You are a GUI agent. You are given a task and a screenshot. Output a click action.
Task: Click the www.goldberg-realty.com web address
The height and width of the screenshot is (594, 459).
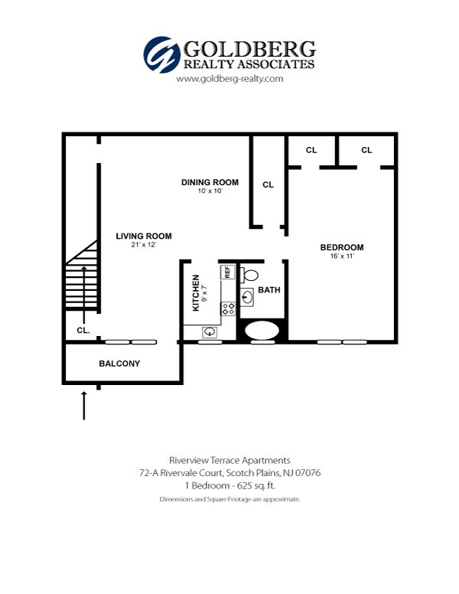(x=229, y=79)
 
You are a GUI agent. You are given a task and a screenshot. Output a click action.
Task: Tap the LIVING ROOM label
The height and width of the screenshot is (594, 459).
(x=144, y=236)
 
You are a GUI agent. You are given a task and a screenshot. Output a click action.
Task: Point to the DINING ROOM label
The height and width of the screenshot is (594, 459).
(x=210, y=182)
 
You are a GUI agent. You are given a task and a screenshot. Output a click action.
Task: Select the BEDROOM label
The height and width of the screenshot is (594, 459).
(x=341, y=247)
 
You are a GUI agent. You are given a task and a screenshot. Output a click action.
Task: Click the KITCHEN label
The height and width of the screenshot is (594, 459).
(x=196, y=292)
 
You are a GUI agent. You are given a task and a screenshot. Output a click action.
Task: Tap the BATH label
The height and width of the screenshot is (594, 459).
(x=269, y=290)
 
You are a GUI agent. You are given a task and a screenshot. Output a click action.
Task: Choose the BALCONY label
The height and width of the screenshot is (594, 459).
(x=119, y=364)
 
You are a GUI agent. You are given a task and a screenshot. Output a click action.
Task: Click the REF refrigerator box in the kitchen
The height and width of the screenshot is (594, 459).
(x=227, y=272)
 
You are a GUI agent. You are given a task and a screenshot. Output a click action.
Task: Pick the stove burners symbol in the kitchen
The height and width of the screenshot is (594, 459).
(x=227, y=308)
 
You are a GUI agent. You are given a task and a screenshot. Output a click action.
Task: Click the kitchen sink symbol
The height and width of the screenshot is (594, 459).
(x=210, y=332)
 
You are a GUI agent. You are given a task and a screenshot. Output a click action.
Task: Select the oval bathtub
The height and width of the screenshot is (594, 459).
(x=263, y=331)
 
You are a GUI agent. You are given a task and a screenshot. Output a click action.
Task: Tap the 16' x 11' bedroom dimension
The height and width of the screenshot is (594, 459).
(x=341, y=256)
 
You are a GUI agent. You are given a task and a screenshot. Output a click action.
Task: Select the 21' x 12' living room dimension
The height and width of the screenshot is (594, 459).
(x=144, y=245)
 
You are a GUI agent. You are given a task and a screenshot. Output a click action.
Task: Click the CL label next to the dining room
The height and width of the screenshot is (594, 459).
(x=268, y=184)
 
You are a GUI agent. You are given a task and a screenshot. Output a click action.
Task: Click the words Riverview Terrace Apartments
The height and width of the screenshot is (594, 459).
(x=229, y=460)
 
